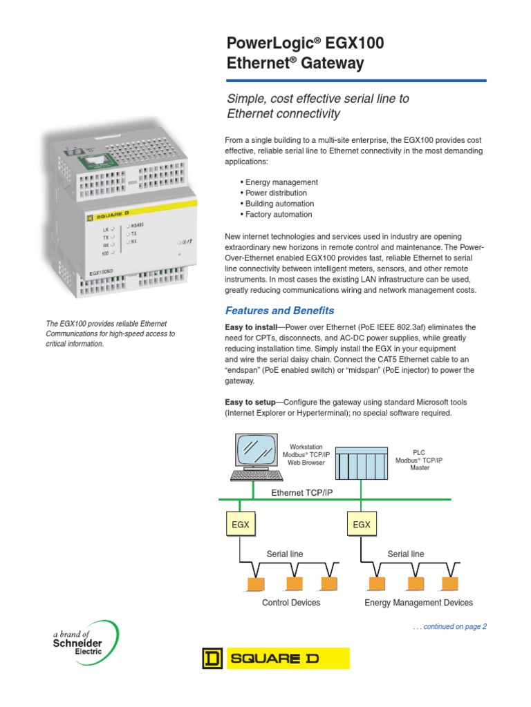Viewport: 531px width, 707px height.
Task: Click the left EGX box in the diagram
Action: click(x=239, y=525)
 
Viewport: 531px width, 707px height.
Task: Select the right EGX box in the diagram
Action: click(x=362, y=525)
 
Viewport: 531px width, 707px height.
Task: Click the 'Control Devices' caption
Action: click(x=291, y=603)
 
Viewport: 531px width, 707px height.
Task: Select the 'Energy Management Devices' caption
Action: click(x=418, y=603)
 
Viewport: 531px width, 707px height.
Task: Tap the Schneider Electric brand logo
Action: click(x=80, y=640)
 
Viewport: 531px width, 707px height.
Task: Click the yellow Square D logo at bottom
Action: click(x=276, y=659)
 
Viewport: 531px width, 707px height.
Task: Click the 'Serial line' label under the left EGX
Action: click(x=285, y=554)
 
